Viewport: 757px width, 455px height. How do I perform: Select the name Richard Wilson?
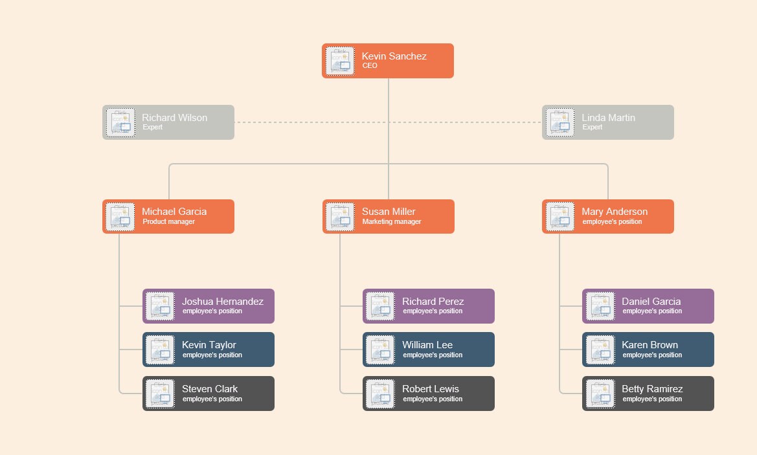coord(174,118)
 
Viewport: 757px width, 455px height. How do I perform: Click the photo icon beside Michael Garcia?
coord(120,217)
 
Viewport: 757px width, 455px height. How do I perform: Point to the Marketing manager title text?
coord(391,222)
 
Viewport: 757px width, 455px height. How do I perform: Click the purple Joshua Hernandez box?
coord(208,306)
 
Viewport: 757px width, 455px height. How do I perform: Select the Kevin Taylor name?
coord(209,345)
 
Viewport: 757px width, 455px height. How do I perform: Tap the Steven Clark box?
coord(208,394)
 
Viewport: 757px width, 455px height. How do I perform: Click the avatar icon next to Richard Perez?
coord(380,306)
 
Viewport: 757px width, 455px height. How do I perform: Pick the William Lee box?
coord(428,350)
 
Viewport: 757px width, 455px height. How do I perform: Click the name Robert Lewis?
coord(430,389)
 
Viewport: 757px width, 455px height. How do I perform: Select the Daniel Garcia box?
coord(648,306)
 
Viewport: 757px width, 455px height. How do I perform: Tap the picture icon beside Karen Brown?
coord(600,350)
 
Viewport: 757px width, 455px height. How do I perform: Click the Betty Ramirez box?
coord(648,394)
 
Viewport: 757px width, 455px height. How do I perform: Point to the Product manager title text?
coord(168,222)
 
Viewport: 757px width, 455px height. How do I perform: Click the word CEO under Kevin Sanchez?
coord(369,66)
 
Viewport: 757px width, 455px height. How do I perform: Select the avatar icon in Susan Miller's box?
coord(341,217)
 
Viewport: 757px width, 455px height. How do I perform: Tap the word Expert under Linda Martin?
coord(592,128)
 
